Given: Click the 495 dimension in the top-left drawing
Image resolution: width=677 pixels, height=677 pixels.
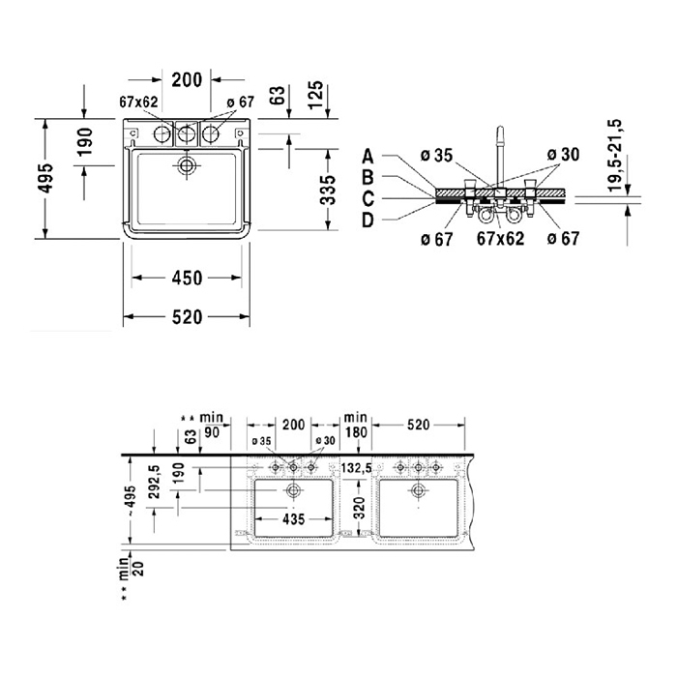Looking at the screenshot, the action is click(45, 178).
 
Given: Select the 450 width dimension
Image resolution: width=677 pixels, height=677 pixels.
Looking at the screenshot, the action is click(187, 279).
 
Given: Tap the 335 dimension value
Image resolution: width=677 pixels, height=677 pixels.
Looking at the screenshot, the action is click(328, 190).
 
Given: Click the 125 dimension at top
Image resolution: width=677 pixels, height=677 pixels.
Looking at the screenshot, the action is click(315, 95).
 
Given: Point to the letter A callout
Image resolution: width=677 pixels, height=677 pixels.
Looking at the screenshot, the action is click(368, 157).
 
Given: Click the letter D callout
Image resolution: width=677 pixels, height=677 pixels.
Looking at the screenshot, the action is click(368, 221).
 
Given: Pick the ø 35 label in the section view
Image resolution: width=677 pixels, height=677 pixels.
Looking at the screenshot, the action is click(436, 156).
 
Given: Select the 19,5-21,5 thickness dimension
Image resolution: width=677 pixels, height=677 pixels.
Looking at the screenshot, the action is click(614, 156).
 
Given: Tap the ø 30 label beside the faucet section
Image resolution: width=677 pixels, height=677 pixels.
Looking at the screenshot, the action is click(563, 155).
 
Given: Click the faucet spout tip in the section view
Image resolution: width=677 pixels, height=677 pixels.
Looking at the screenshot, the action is click(500, 129).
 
